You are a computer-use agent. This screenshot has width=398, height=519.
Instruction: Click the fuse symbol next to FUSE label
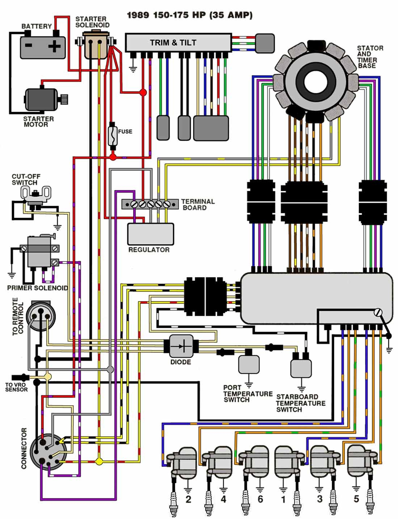[x=113, y=135]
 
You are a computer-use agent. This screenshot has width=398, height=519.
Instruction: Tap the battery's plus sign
[x=54, y=46]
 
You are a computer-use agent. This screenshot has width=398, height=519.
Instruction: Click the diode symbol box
[x=181, y=346]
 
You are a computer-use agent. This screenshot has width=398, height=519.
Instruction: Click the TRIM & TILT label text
[x=173, y=43]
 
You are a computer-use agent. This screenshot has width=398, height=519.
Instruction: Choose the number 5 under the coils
[x=356, y=499]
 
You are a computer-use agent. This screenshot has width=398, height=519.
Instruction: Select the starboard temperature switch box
[x=301, y=368]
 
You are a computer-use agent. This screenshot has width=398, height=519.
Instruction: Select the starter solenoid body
[x=96, y=44]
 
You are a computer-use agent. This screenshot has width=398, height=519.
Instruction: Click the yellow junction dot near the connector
[x=99, y=462]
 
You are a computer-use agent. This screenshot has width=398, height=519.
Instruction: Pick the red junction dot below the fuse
[x=113, y=157]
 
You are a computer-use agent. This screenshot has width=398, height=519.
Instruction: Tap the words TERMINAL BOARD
[x=198, y=205]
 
